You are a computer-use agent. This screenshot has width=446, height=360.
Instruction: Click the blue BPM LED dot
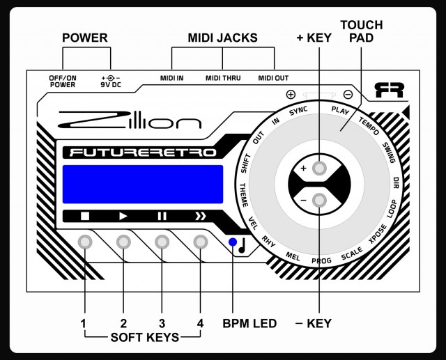point(232,242)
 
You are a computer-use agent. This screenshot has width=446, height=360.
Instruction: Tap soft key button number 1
point(85,242)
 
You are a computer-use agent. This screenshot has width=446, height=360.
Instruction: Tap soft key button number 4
point(201,242)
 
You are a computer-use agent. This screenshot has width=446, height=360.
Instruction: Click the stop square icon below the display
point(85,216)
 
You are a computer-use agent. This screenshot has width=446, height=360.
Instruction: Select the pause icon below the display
point(162,216)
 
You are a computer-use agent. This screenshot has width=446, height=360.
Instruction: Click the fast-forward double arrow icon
point(201,216)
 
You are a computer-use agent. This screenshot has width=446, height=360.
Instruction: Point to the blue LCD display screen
point(143,185)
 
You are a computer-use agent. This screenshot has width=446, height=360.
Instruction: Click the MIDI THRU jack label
point(222,78)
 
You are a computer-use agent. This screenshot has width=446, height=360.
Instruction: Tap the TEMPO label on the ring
point(369,125)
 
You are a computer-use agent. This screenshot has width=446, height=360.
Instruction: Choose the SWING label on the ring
point(389,152)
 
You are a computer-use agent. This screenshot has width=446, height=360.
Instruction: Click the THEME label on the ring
point(244,194)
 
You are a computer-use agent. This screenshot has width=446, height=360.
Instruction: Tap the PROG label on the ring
point(321,261)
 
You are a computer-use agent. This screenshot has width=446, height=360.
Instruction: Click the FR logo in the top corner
point(389,91)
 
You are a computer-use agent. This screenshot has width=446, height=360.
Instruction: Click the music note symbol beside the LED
point(243,244)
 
